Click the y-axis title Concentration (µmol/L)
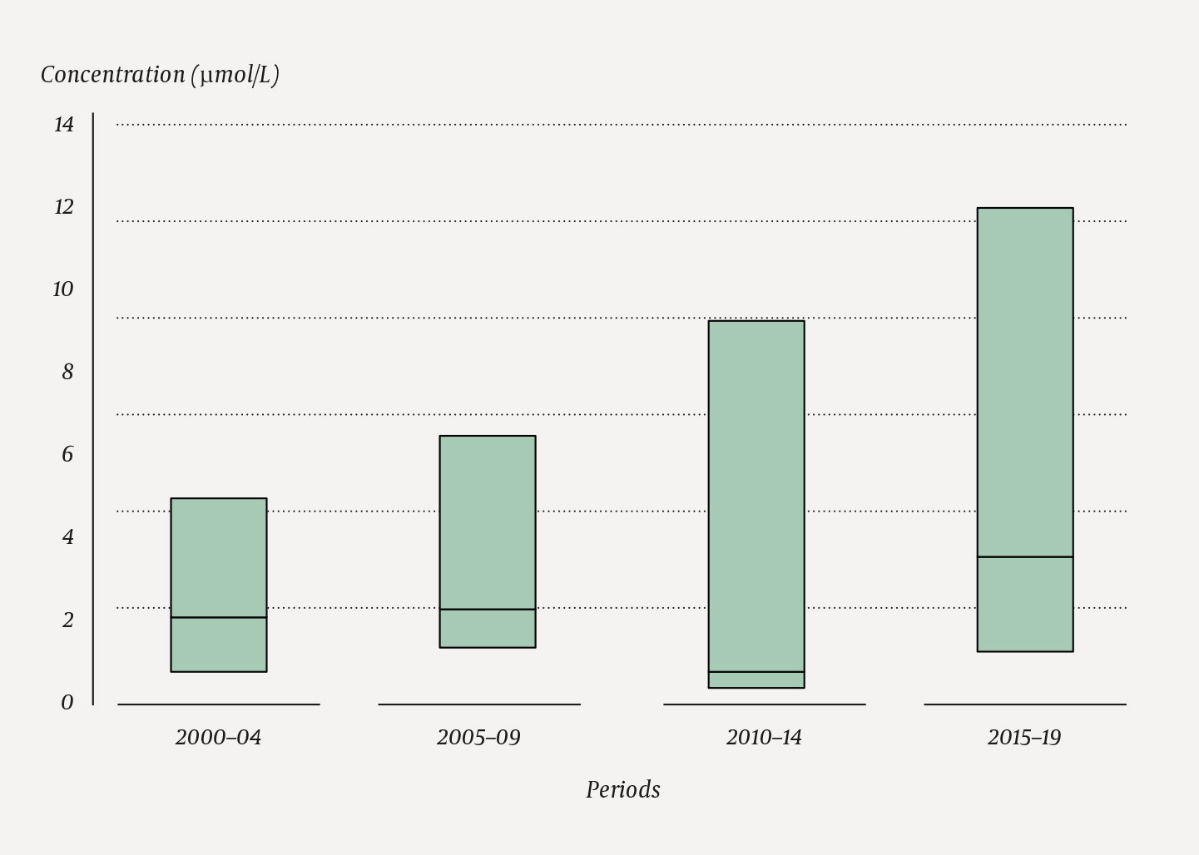(x=160, y=75)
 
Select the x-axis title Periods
(x=622, y=790)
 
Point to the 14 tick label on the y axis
(x=64, y=125)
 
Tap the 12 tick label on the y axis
(x=64, y=207)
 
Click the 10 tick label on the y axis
(x=63, y=289)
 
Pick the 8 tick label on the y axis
(x=67, y=372)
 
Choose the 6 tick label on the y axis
(x=67, y=454)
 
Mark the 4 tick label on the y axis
(x=67, y=537)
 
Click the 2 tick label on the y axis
(x=67, y=620)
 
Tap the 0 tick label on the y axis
(x=67, y=703)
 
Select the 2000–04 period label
(x=218, y=738)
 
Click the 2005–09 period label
(x=478, y=738)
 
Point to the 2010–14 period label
(x=764, y=738)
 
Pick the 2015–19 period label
(x=1024, y=738)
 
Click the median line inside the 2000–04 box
(x=219, y=617)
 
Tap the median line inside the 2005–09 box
(x=488, y=610)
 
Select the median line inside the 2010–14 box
(x=756, y=671)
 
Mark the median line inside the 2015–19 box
(x=1025, y=556)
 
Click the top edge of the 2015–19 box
(x=1025, y=208)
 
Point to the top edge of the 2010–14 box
(x=756, y=321)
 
